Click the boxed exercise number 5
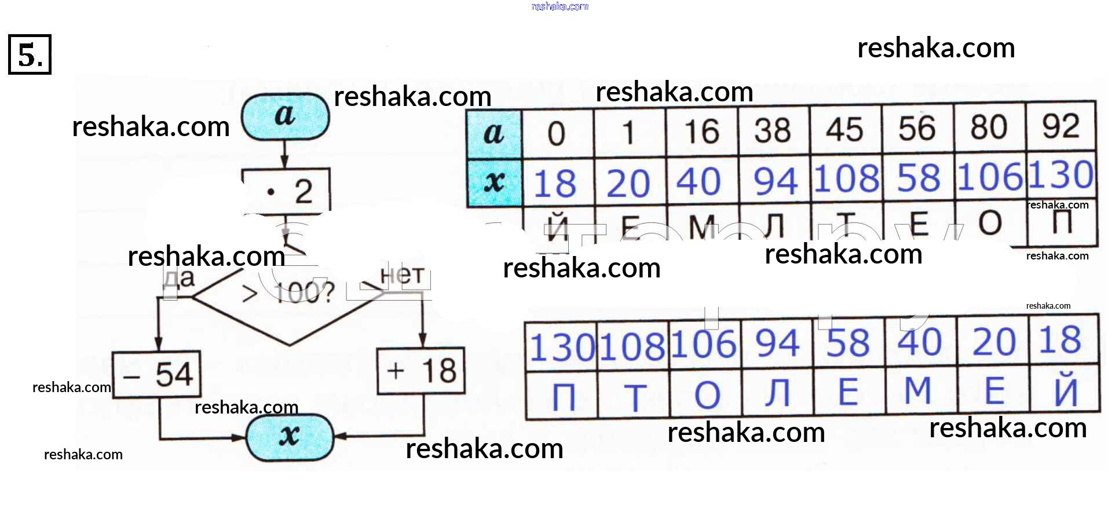[30, 54]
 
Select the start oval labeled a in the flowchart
[285, 116]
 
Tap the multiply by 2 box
[286, 191]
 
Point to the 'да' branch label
[180, 279]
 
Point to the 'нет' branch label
[402, 276]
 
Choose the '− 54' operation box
[157, 374]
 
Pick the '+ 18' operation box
[421, 371]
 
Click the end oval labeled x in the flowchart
[290, 437]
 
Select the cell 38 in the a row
[773, 131]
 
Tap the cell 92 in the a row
[1061, 126]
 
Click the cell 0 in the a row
[557, 134]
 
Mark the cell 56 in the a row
[917, 129]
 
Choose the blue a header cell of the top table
[494, 134]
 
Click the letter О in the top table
[990, 223]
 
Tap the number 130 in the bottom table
[561, 347]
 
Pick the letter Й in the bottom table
[1065, 390]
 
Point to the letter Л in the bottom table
[777, 392]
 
